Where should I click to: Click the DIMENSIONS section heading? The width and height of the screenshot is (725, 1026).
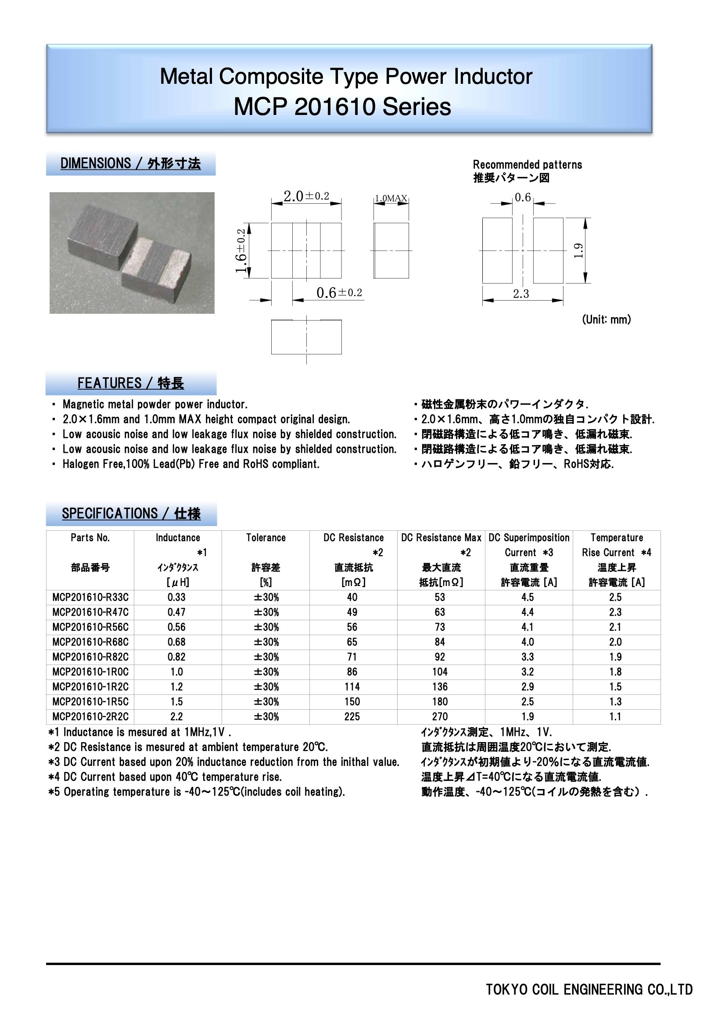click(130, 164)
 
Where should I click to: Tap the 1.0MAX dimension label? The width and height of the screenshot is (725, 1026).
click(391, 198)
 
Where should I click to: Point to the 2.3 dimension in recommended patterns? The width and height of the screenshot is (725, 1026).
click(521, 294)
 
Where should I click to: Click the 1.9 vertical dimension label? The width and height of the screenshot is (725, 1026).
click(578, 251)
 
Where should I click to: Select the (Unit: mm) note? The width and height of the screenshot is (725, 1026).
click(606, 319)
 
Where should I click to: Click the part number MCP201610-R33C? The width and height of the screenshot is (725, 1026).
click(90, 597)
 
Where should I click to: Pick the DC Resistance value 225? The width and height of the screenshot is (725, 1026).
click(352, 717)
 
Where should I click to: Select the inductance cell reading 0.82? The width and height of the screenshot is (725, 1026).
click(176, 657)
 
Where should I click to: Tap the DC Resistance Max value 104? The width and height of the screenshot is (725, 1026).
click(440, 672)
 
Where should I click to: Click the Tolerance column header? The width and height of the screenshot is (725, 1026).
click(266, 538)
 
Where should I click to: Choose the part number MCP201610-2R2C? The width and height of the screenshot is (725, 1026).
click(90, 717)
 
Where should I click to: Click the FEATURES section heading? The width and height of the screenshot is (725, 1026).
click(130, 384)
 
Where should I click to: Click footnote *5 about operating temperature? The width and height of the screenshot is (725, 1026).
click(197, 792)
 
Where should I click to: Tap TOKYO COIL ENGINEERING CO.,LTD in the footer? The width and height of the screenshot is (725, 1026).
click(589, 990)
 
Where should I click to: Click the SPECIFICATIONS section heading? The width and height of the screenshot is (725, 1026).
click(131, 514)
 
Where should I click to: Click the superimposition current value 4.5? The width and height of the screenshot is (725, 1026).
click(528, 597)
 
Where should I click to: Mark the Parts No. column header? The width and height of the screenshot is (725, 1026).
click(90, 538)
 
